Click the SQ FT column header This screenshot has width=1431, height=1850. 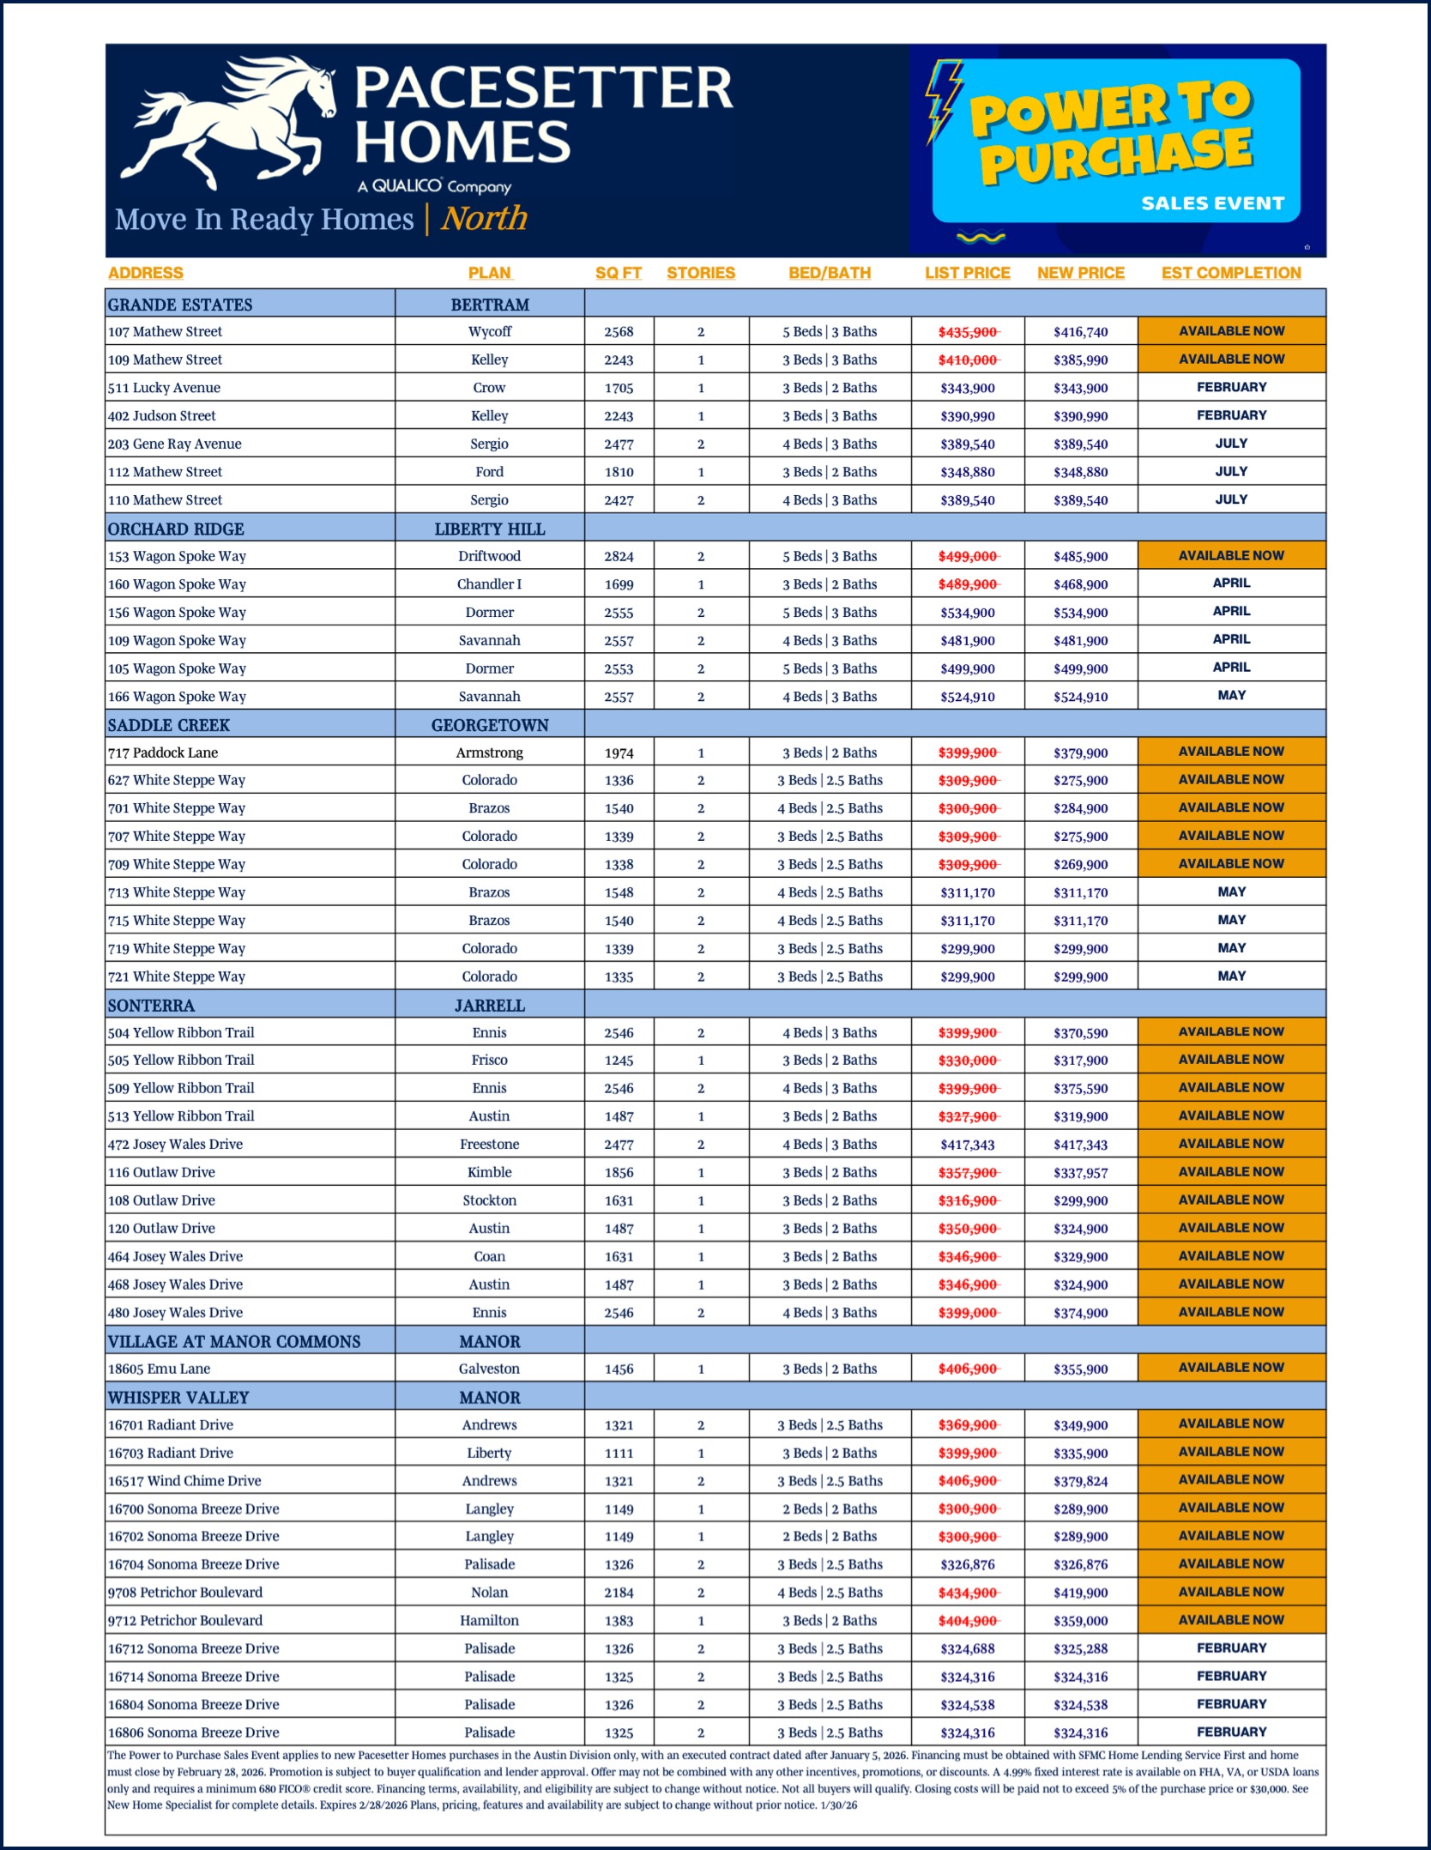click(x=618, y=273)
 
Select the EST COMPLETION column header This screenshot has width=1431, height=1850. click(x=1231, y=273)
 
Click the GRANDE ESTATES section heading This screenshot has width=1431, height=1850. click(x=180, y=305)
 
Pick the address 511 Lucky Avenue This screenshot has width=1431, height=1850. click(x=164, y=388)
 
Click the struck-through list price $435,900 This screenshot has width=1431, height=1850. click(x=968, y=332)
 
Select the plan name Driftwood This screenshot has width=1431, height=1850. click(x=489, y=556)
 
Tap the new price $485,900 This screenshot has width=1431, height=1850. click(x=1081, y=557)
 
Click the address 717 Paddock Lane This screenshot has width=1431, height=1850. click(x=163, y=753)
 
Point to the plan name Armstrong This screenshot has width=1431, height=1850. click(x=489, y=753)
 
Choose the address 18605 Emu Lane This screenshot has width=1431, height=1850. click(x=159, y=1369)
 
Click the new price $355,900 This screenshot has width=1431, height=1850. click(x=1081, y=1369)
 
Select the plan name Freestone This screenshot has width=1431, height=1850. click(x=489, y=1144)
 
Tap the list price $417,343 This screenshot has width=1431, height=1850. click(x=968, y=1145)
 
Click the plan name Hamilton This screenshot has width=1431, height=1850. click(x=489, y=1620)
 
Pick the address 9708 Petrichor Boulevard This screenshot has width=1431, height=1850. click(x=185, y=1593)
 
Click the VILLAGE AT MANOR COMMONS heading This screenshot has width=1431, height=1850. click(x=234, y=1341)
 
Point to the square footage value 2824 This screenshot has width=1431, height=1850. click(x=619, y=557)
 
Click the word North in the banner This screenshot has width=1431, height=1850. click(x=485, y=219)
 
